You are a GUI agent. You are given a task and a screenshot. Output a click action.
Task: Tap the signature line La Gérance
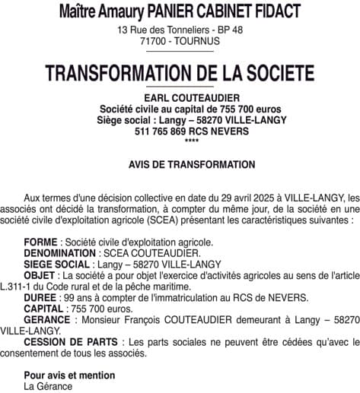click(x=48, y=386)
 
